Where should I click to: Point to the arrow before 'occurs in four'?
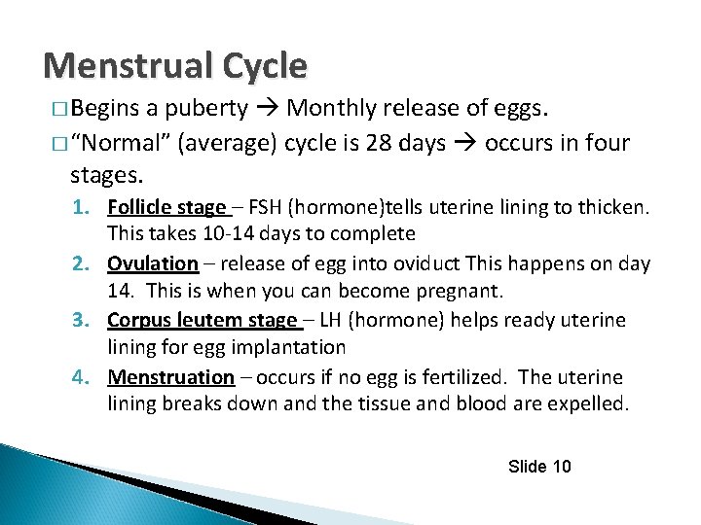(464, 144)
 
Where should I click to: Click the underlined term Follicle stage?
(166, 206)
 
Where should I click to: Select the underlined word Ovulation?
(153, 263)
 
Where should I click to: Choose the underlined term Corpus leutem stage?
(203, 320)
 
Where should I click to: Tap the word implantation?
(293, 347)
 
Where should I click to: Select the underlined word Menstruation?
(171, 376)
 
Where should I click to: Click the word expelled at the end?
(589, 403)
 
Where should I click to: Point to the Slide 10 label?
(539, 467)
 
